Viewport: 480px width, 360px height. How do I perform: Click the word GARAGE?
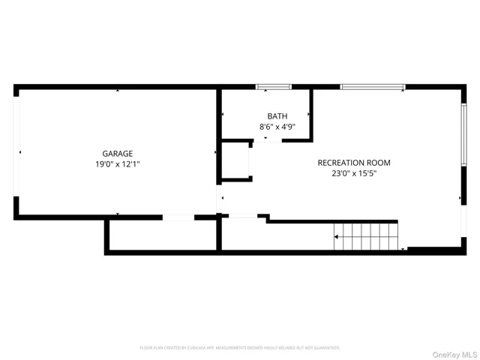tap(117, 153)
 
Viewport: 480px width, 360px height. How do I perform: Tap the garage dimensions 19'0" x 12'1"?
tap(117, 163)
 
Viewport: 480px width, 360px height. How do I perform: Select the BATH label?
tap(277, 116)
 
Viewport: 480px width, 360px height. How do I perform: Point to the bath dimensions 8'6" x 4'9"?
tap(277, 127)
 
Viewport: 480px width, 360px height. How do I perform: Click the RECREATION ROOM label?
tap(354, 163)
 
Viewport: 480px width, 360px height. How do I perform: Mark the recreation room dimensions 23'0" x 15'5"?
tap(354, 173)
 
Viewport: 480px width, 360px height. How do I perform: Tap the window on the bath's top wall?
tap(274, 88)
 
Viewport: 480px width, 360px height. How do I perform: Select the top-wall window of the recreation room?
tap(373, 88)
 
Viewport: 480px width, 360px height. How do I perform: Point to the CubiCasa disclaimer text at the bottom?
tap(240, 348)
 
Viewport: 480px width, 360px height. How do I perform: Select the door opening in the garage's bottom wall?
tap(178, 217)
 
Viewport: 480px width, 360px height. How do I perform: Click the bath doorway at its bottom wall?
tap(265, 139)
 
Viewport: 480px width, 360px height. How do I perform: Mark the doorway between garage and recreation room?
tap(220, 199)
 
